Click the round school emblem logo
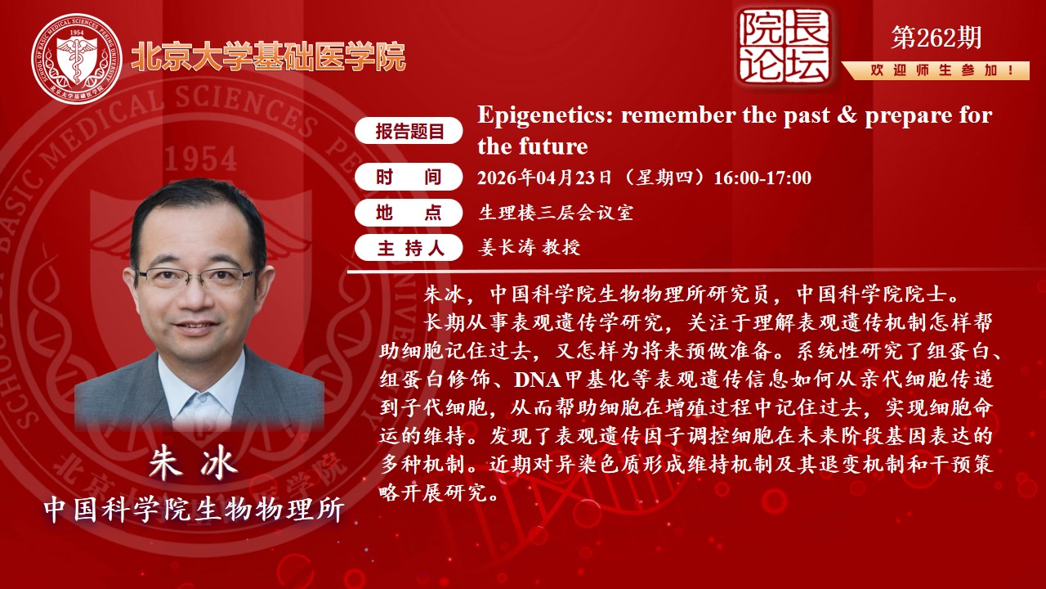[76, 58]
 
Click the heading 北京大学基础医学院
[268, 56]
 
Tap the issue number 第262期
[936, 37]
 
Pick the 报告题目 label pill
[410, 131]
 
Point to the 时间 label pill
[410, 177]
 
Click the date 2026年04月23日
[544, 178]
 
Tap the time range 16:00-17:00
[762, 178]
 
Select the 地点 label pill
[410, 213]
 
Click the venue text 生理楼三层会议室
[556, 214]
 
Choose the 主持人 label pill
[410, 249]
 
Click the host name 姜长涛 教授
[530, 248]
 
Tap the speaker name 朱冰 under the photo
[193, 463]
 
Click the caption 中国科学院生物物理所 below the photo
[194, 509]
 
